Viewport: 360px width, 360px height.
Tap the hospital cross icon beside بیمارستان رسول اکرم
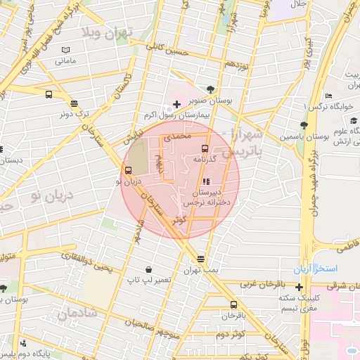[176, 104]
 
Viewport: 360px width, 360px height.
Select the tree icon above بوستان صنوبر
[210, 89]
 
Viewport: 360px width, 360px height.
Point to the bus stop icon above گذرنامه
[205, 148]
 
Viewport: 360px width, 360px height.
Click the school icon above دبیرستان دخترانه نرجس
[205, 181]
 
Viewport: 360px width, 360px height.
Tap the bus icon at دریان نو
[127, 170]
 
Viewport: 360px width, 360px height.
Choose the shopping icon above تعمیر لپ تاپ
[148, 269]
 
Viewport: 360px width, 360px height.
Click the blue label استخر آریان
[316, 269]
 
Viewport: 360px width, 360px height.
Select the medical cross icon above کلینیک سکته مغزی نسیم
[300, 287]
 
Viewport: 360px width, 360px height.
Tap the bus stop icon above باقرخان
[233, 304]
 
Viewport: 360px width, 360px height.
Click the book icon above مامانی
[65, 51]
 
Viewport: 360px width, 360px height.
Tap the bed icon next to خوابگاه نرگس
[329, 96]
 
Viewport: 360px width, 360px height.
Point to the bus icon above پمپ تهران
[201, 259]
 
